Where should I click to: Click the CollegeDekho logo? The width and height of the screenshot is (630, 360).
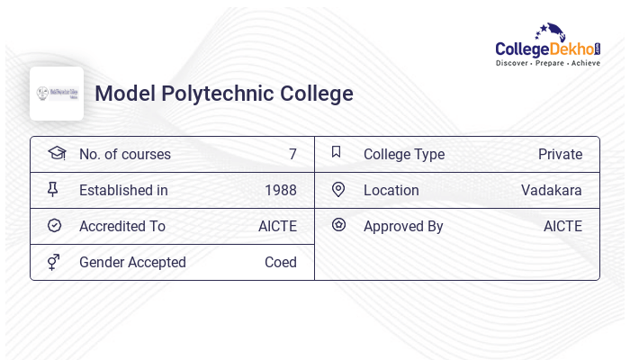(547, 45)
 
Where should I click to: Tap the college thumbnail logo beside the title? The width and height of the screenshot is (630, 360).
(57, 94)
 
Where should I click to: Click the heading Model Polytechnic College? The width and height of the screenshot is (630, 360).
(224, 94)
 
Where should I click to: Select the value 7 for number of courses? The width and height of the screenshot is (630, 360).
(292, 154)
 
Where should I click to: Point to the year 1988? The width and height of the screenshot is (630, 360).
(281, 190)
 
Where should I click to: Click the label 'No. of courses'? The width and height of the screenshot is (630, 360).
(125, 154)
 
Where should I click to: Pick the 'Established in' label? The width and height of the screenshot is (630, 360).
(123, 190)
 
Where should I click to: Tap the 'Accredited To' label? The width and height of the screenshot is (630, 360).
(122, 226)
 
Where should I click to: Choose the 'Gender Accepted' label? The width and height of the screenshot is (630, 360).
(132, 262)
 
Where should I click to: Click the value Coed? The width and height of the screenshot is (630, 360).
(281, 262)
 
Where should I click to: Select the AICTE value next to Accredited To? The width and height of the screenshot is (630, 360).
(277, 226)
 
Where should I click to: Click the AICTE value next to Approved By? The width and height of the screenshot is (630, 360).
(562, 226)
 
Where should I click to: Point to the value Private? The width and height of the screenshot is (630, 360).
(560, 154)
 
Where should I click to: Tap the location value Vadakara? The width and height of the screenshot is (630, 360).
(552, 190)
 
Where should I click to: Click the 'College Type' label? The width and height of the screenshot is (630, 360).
(404, 154)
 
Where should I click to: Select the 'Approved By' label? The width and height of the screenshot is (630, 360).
(403, 226)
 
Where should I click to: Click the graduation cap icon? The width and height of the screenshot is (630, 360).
(57, 153)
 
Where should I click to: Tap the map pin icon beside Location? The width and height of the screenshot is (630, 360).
(338, 189)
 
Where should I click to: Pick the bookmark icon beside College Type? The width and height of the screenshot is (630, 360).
(337, 152)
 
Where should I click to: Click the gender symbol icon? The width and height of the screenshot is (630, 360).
(54, 262)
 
